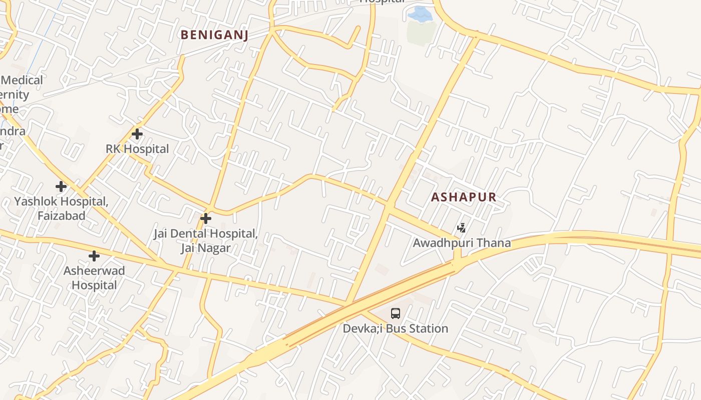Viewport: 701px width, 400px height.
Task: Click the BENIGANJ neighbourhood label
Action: (214, 34)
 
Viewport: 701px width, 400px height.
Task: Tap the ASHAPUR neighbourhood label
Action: (464, 197)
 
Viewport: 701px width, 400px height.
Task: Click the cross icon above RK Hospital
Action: (137, 134)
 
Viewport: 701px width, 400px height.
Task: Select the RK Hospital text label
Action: (137, 149)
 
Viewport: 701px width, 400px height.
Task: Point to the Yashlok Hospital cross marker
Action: (61, 186)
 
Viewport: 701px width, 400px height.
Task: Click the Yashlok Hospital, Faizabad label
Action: (61, 208)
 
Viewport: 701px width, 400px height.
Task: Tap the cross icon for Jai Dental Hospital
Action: (205, 218)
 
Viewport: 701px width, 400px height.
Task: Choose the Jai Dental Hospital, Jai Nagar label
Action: (205, 240)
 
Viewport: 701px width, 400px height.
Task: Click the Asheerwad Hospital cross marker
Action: (94, 256)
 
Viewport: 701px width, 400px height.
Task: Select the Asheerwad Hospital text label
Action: (94, 278)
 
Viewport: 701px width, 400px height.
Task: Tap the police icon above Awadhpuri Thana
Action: (462, 228)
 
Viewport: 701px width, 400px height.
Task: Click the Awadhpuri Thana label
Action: (462, 243)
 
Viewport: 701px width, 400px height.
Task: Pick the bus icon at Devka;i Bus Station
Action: (396, 313)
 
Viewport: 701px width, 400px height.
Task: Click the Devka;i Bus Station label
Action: (396, 328)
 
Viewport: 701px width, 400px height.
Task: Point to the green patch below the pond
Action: (421, 32)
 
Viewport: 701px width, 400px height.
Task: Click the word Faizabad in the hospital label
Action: (61, 216)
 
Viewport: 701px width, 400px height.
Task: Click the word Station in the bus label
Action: (429, 328)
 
